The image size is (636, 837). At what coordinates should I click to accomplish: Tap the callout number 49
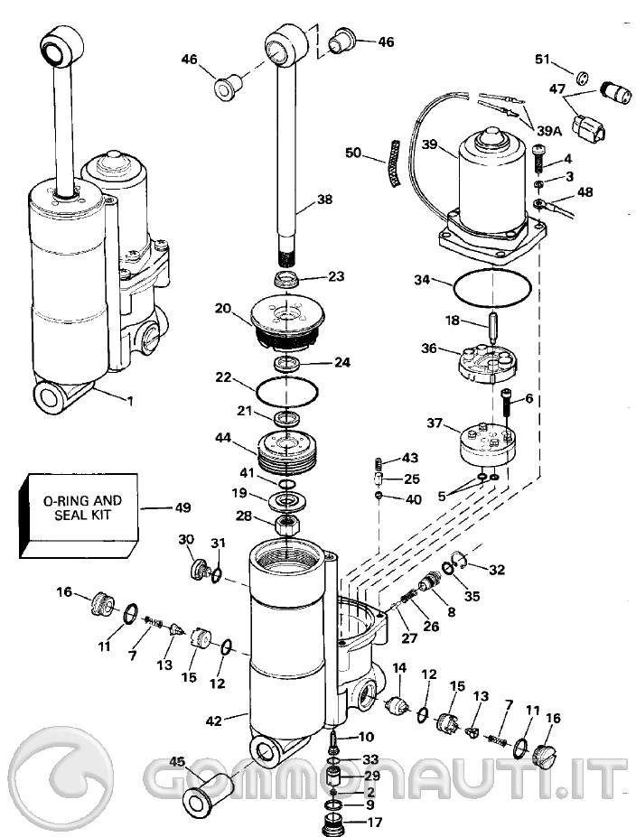click(x=183, y=507)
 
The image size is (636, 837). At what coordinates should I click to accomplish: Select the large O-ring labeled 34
click(x=491, y=289)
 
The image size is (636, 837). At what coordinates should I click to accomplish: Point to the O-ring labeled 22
click(x=287, y=391)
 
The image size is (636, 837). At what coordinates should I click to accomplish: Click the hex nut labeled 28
click(x=286, y=525)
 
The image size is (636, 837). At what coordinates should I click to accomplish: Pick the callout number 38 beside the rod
click(x=324, y=200)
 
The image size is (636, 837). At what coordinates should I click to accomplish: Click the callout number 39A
click(x=549, y=130)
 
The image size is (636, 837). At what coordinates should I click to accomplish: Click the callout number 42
click(x=213, y=721)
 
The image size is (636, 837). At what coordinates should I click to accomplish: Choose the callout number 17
click(x=375, y=823)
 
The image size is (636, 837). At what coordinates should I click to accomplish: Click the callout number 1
click(x=130, y=400)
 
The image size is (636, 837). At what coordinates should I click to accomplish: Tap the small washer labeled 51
click(x=583, y=77)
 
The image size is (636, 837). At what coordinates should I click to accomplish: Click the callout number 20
click(x=223, y=309)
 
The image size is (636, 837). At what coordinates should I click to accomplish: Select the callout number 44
click(x=223, y=438)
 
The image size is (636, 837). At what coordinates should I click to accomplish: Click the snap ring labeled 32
click(x=461, y=560)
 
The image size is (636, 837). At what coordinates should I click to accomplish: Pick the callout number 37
click(x=435, y=423)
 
